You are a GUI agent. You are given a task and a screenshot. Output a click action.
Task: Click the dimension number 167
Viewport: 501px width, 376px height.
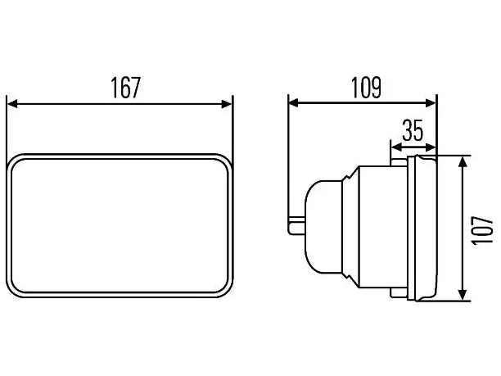point(125,88)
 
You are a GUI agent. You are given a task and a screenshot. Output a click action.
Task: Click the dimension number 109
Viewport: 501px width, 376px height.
point(366,88)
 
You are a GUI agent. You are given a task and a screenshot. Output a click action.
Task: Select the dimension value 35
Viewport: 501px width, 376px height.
point(413,130)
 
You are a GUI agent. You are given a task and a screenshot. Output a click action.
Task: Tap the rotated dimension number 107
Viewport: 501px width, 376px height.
point(482,230)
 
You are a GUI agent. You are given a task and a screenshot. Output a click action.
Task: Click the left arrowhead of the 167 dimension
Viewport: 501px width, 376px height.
point(12,104)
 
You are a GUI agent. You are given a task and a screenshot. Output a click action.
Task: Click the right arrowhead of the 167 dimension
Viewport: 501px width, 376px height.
point(227,104)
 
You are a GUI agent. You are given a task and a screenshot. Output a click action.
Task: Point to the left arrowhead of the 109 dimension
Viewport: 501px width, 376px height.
point(294,103)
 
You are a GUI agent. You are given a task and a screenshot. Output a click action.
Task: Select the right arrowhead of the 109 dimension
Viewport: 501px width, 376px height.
point(431,103)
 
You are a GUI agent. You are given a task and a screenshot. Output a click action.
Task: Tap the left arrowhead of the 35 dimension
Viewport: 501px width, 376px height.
point(396,147)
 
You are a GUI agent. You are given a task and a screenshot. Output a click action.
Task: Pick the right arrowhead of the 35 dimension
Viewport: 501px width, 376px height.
point(431,147)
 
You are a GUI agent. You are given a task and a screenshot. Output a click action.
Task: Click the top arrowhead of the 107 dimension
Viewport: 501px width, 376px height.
point(463,161)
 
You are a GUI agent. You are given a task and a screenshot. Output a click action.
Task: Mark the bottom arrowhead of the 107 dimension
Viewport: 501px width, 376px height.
point(463,294)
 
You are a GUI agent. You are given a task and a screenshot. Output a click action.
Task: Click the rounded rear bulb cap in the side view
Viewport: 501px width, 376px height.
point(323,227)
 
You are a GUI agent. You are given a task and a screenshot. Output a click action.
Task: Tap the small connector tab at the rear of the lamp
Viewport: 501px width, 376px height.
point(297,226)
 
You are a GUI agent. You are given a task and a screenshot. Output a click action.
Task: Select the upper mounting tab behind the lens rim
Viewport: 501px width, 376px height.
point(399,161)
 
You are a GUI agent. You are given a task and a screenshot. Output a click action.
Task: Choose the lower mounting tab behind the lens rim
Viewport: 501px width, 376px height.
point(399,292)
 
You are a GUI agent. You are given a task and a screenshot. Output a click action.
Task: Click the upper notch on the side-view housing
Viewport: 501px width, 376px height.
point(350,174)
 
